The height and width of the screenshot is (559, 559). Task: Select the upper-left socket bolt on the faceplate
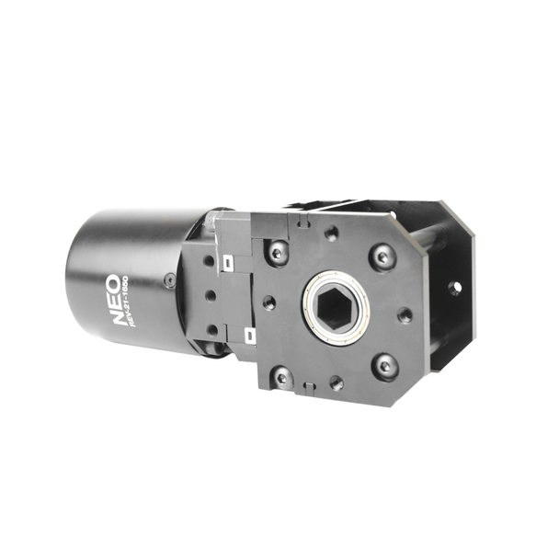coord(278,251)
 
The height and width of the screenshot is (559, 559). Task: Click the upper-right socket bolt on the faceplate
coord(382,257)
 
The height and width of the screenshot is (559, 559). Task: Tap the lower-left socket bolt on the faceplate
coord(281,375)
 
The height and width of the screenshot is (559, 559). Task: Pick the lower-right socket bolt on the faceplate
coord(385,366)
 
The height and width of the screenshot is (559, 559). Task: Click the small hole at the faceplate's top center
coord(331,234)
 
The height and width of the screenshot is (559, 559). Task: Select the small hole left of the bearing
coord(268,302)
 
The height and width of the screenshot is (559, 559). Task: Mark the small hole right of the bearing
coord(404,314)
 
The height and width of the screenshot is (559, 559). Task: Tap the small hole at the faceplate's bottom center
coord(336,382)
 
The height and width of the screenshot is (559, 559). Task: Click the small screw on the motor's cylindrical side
coord(169,280)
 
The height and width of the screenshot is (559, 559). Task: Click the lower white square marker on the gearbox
coord(248,334)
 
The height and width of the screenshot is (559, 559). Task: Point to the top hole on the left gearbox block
coord(208,261)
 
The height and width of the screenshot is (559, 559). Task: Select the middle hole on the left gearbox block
coord(210,295)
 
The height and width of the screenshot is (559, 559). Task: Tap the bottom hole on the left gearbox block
coord(212,329)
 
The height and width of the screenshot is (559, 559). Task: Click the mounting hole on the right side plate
coord(454,288)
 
